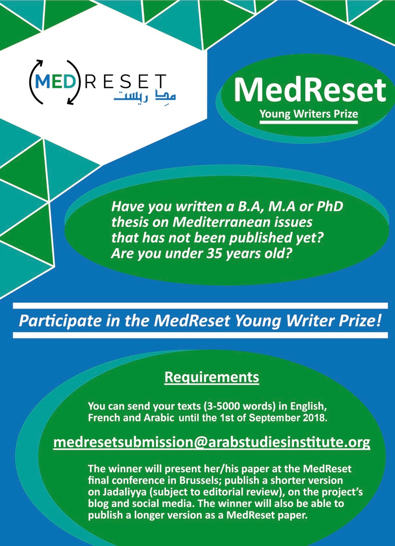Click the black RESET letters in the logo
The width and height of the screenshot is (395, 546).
[126, 81]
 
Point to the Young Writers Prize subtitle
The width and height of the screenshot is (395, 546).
[309, 113]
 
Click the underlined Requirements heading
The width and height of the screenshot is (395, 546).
[211, 377]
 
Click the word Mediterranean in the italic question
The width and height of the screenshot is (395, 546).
[242, 222]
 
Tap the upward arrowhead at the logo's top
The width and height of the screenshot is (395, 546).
[40, 62]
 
